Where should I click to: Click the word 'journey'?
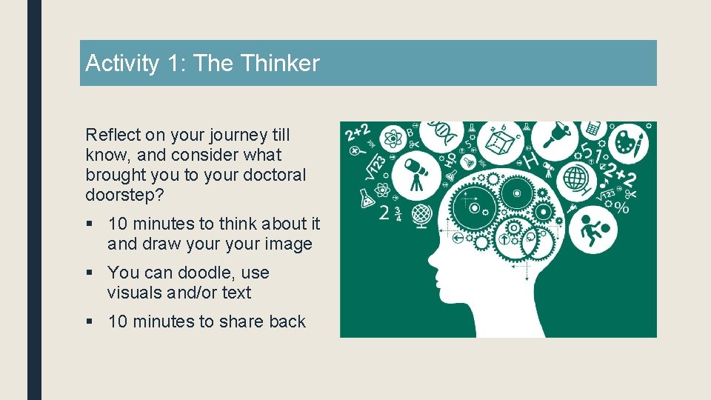(222, 135)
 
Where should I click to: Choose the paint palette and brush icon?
(630, 141)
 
